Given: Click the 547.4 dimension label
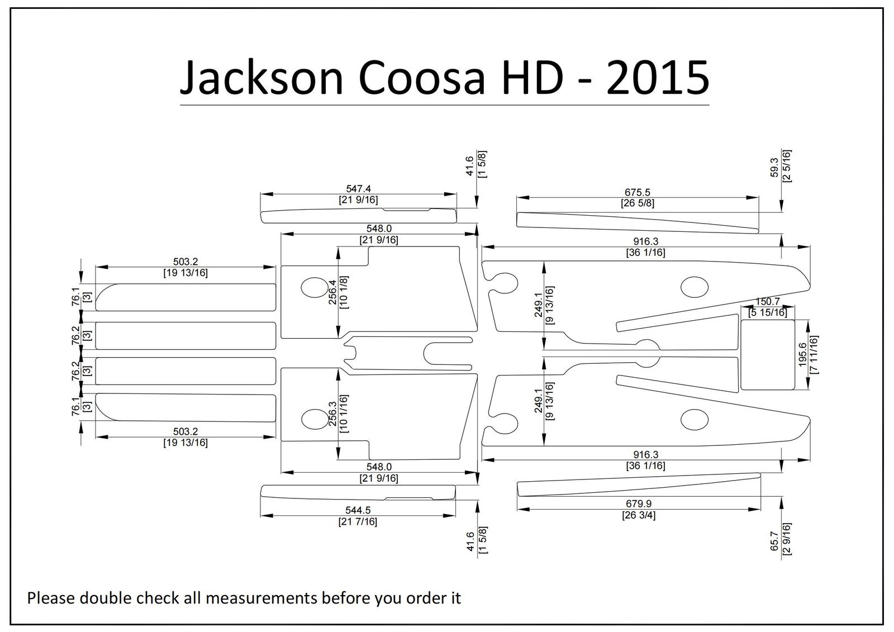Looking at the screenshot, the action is [358, 189].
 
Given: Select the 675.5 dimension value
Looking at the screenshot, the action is [638, 192].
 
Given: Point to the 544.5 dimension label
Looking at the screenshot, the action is [358, 510].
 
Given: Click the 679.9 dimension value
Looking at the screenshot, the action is [639, 504].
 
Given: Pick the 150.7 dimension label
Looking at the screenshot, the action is [768, 302].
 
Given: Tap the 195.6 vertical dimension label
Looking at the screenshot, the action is [802, 354].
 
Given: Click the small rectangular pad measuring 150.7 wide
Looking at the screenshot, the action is [768, 354].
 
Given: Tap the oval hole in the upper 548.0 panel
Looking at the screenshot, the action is [315, 287].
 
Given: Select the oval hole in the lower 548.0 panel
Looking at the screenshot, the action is [315, 419].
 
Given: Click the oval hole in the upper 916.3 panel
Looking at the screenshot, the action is [695, 287].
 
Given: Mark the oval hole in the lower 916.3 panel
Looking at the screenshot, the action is [695, 420].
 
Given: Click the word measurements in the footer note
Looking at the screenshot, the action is [261, 598].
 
